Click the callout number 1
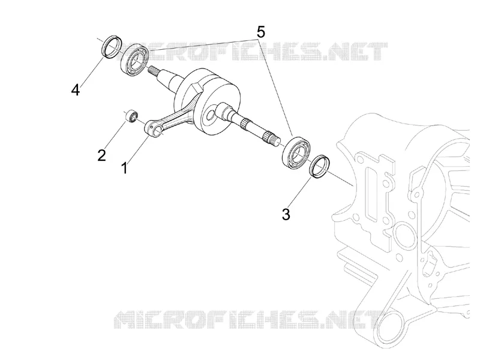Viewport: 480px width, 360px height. point(124,168)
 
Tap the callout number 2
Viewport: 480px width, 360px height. point(101,155)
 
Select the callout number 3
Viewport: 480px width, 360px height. point(286,214)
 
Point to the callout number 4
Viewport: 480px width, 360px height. point(76,90)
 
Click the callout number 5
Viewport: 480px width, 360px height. point(260,32)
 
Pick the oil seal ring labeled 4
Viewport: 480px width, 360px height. point(112,47)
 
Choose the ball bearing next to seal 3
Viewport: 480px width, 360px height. point(296,153)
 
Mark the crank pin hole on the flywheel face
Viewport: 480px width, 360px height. point(211,116)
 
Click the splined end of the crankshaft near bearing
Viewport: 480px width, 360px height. point(272,139)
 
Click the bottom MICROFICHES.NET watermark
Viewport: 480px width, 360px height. point(250,319)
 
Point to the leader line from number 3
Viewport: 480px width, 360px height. point(299,192)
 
